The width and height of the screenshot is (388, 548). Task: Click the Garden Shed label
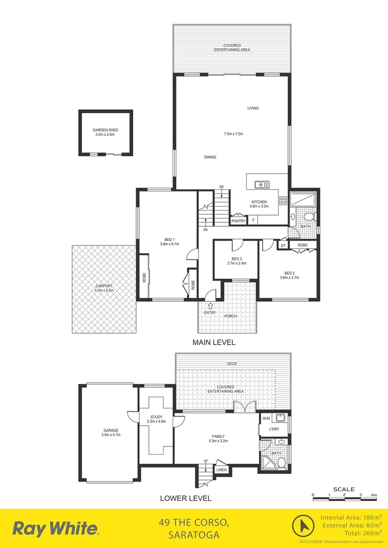pos(106,130)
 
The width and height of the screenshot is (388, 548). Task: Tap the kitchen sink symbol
pos(263,184)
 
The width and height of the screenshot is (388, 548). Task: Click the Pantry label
pos(238,221)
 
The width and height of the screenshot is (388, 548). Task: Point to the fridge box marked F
pos(253,221)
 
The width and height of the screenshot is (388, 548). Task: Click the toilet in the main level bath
pos(309,217)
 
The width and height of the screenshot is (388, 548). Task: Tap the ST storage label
pos(283,245)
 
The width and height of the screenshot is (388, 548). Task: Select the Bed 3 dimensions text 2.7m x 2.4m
pos(236,263)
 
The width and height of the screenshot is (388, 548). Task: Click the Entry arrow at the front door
pos(210,305)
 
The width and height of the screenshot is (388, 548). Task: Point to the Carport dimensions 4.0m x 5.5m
pos(104,290)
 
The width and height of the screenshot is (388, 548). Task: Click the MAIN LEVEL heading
pos(213,342)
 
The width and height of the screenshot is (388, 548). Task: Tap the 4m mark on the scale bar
pos(374,494)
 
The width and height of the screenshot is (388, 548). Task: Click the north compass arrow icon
pos(303,525)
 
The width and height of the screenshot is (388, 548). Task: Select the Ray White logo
pos(55,528)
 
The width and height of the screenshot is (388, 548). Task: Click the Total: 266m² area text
pos(355,533)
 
